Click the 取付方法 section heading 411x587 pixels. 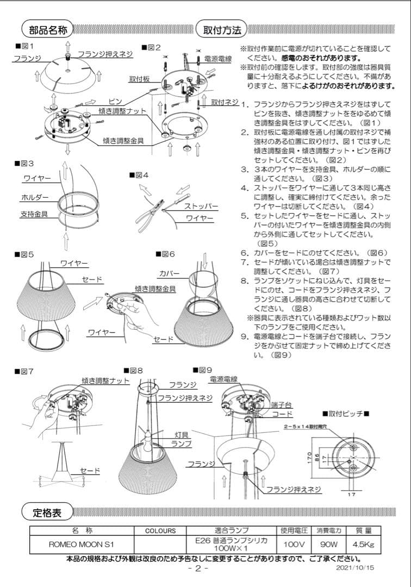pyautogui.click(x=222, y=29)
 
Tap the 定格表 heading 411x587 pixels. pyautogui.click(x=46, y=511)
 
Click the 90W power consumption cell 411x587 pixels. pyautogui.click(x=326, y=544)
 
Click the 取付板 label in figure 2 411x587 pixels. pyautogui.click(x=139, y=79)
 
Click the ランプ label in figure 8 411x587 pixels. pyautogui.click(x=182, y=444)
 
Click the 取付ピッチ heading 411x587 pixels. pyautogui.click(x=345, y=414)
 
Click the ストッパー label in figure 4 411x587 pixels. pyautogui.click(x=202, y=207)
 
